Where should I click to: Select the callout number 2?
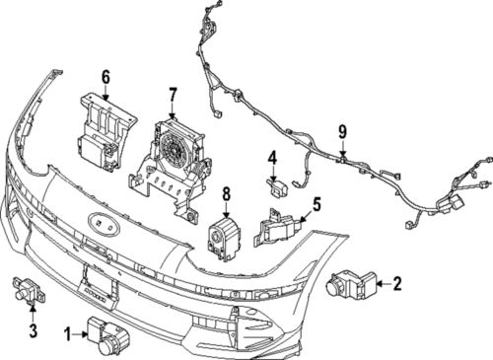pos(396,285)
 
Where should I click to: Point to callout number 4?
pos(273,156)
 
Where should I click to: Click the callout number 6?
pos(106,75)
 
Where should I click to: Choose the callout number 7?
pos(173,95)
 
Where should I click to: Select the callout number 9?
pos(342,131)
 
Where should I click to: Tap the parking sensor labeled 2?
pos(351,285)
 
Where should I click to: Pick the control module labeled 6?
pos(103,127)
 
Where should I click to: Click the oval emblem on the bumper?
pos(102,223)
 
